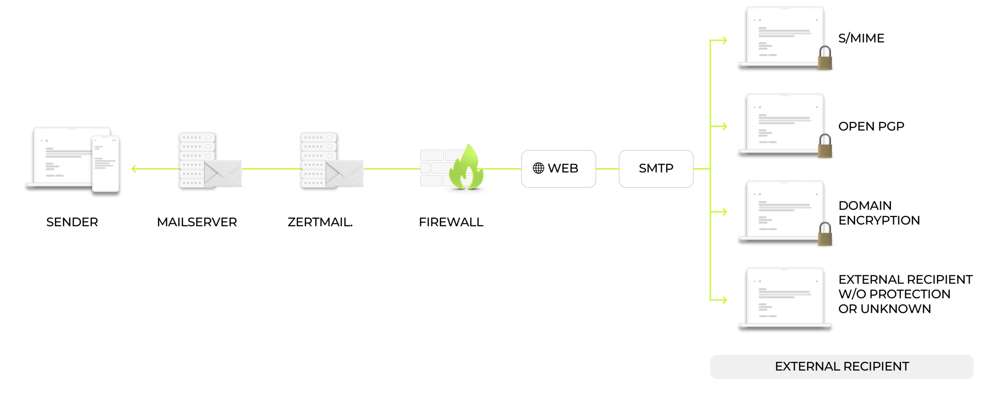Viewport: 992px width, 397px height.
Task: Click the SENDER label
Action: tap(72, 222)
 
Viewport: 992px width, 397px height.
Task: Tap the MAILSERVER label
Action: tap(197, 222)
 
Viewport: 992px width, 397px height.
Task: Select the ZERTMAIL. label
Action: tap(320, 222)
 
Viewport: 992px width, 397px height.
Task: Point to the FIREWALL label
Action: tap(451, 222)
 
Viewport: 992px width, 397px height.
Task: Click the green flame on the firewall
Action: tap(467, 168)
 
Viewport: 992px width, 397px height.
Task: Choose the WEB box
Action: tap(558, 168)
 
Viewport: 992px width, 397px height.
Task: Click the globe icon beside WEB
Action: tap(538, 168)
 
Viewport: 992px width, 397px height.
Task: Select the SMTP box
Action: tap(656, 168)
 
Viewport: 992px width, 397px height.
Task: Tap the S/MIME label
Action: tap(861, 38)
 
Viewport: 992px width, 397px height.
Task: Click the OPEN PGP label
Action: tap(871, 126)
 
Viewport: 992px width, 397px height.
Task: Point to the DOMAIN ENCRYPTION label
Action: tap(879, 213)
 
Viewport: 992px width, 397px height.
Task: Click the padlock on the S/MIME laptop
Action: tap(825, 58)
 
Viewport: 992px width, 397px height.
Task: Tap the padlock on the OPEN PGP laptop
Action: tap(825, 146)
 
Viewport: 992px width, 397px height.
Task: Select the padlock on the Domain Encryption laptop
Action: tap(825, 234)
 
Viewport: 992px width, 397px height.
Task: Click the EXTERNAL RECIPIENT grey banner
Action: tap(842, 366)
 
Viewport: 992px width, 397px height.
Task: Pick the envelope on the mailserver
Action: tap(223, 173)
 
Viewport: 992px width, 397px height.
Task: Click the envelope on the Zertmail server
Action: tap(344, 173)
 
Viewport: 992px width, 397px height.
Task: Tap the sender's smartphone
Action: tap(105, 163)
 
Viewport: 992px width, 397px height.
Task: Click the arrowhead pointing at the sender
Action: tap(134, 169)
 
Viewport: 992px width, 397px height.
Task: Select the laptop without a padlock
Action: tap(785, 298)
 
